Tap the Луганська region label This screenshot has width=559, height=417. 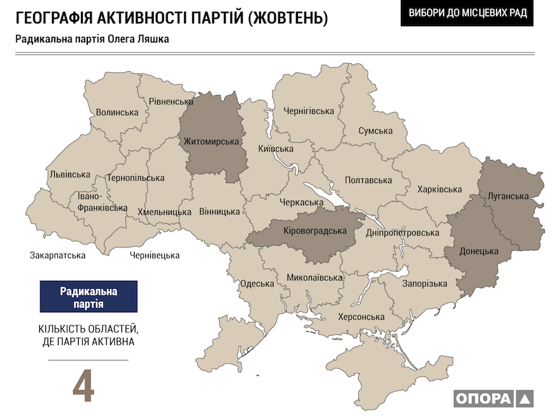[x=508, y=196]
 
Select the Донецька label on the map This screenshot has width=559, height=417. [x=478, y=251]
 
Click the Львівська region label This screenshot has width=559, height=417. [x=70, y=174]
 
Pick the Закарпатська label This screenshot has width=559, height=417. [x=58, y=256]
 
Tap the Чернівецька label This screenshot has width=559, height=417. [x=155, y=256]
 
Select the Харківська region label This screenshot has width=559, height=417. [x=439, y=189]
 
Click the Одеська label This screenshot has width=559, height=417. [x=257, y=283]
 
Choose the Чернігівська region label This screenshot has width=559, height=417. [x=309, y=111]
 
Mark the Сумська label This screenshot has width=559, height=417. [x=376, y=131]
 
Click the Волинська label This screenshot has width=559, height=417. [x=117, y=112]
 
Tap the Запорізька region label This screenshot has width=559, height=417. [x=425, y=284]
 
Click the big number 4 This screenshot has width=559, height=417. [x=83, y=384]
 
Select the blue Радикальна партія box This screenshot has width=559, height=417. [x=88, y=296]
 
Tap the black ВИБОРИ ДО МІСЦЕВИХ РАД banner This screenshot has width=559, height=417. [x=467, y=13]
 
